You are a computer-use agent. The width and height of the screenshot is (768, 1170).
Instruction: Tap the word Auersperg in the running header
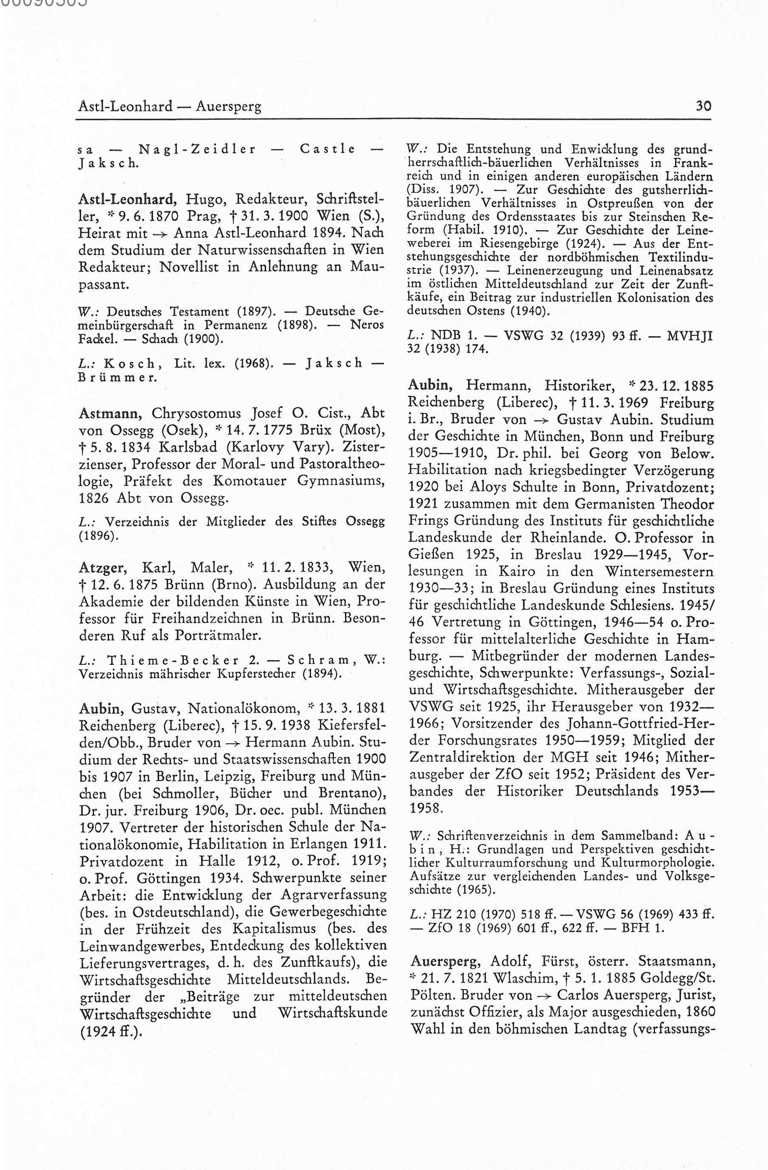229,107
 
